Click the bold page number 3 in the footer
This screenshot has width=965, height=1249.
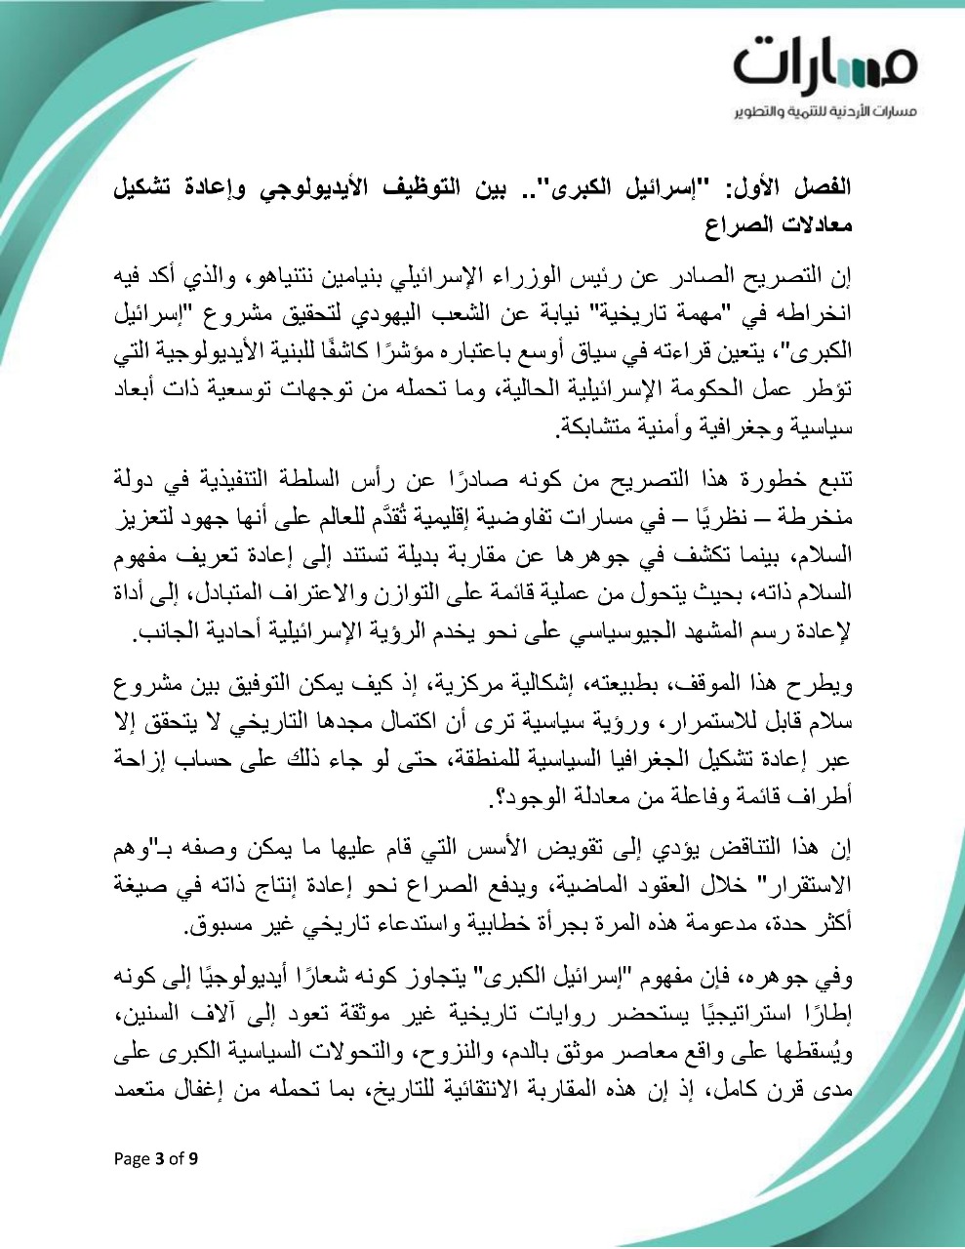(159, 1159)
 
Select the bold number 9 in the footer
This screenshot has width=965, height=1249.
(193, 1159)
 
